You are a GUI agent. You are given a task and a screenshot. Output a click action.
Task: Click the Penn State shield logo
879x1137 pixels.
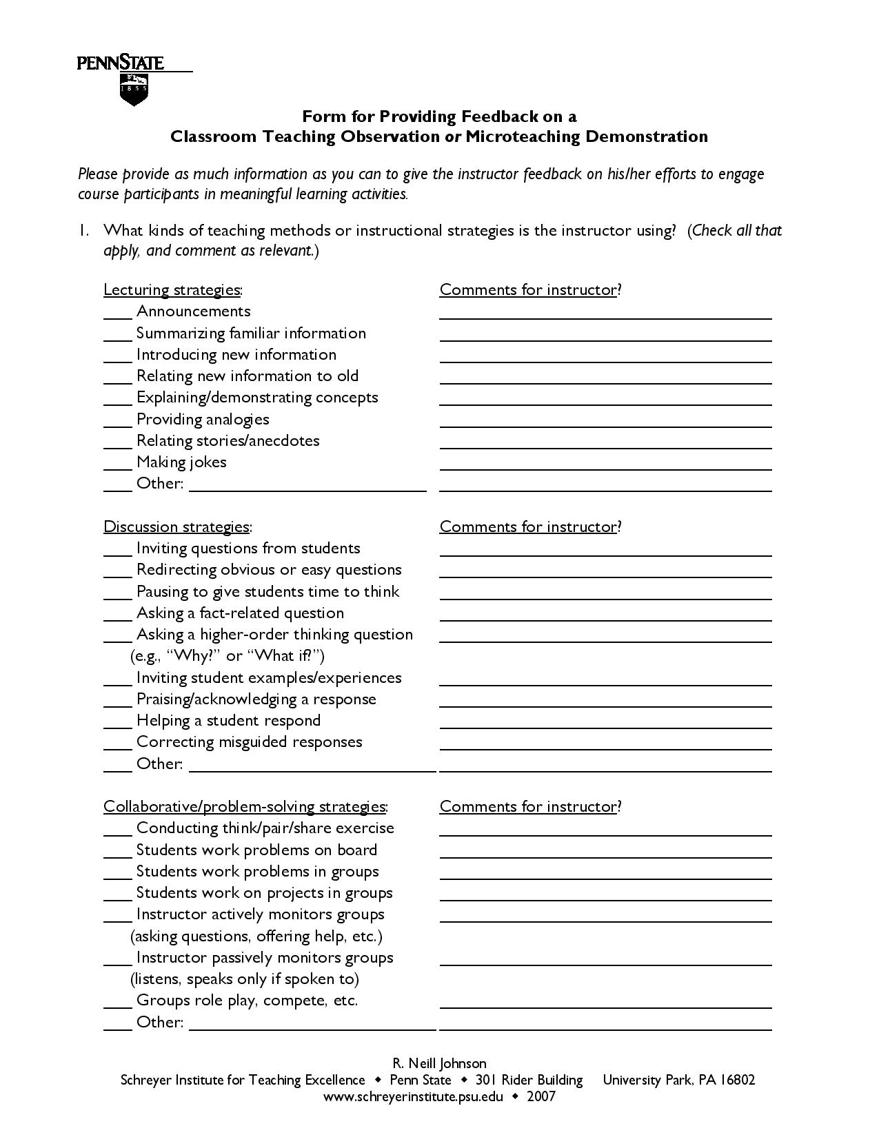tap(134, 90)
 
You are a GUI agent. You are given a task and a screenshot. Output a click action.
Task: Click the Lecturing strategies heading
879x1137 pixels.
tap(172, 289)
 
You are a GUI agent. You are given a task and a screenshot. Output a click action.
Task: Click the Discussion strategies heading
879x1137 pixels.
tap(177, 526)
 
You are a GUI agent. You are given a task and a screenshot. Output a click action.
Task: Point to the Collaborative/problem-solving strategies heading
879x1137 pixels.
tap(245, 806)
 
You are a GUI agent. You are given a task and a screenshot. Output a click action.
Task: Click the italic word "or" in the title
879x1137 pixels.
tap(453, 136)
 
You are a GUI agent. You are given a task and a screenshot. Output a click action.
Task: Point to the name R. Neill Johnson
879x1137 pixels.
tap(439, 1063)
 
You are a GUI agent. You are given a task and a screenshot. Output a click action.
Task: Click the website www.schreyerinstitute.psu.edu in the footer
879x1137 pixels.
tap(413, 1096)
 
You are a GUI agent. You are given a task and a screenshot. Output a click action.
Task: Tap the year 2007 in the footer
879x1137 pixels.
tap(541, 1096)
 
